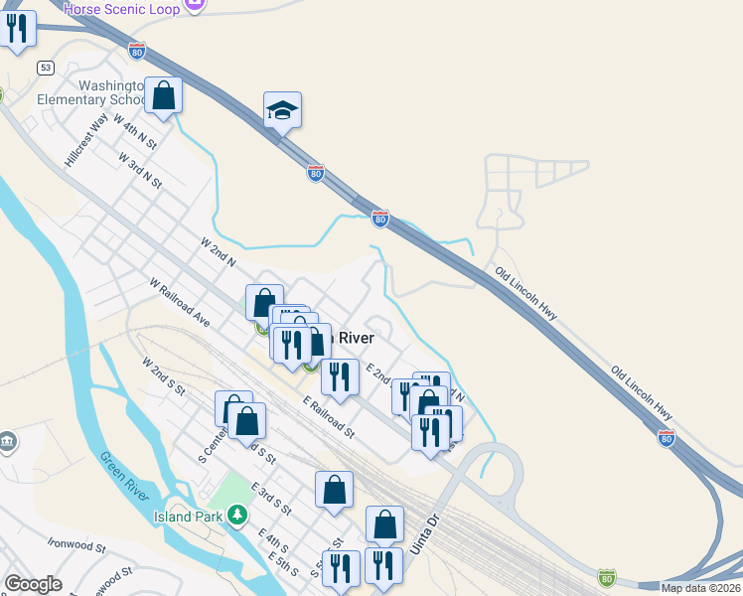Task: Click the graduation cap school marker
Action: (282, 111)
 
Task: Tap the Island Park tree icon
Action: (236, 515)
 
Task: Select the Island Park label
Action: (188, 517)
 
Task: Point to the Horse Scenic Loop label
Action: (121, 9)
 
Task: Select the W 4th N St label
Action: (137, 131)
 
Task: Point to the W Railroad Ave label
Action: (181, 302)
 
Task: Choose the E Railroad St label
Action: (329, 418)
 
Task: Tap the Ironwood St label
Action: (76, 545)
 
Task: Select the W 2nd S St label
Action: (164, 377)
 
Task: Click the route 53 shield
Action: (46, 68)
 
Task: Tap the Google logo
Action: (34, 584)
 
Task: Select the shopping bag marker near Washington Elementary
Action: (164, 96)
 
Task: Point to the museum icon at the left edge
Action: (7, 440)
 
